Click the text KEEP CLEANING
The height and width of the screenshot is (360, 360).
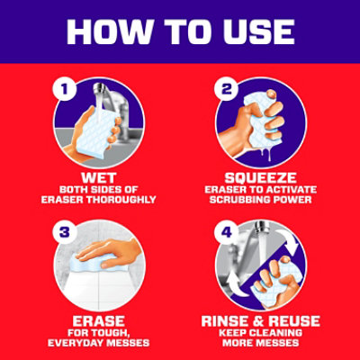[261, 332]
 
